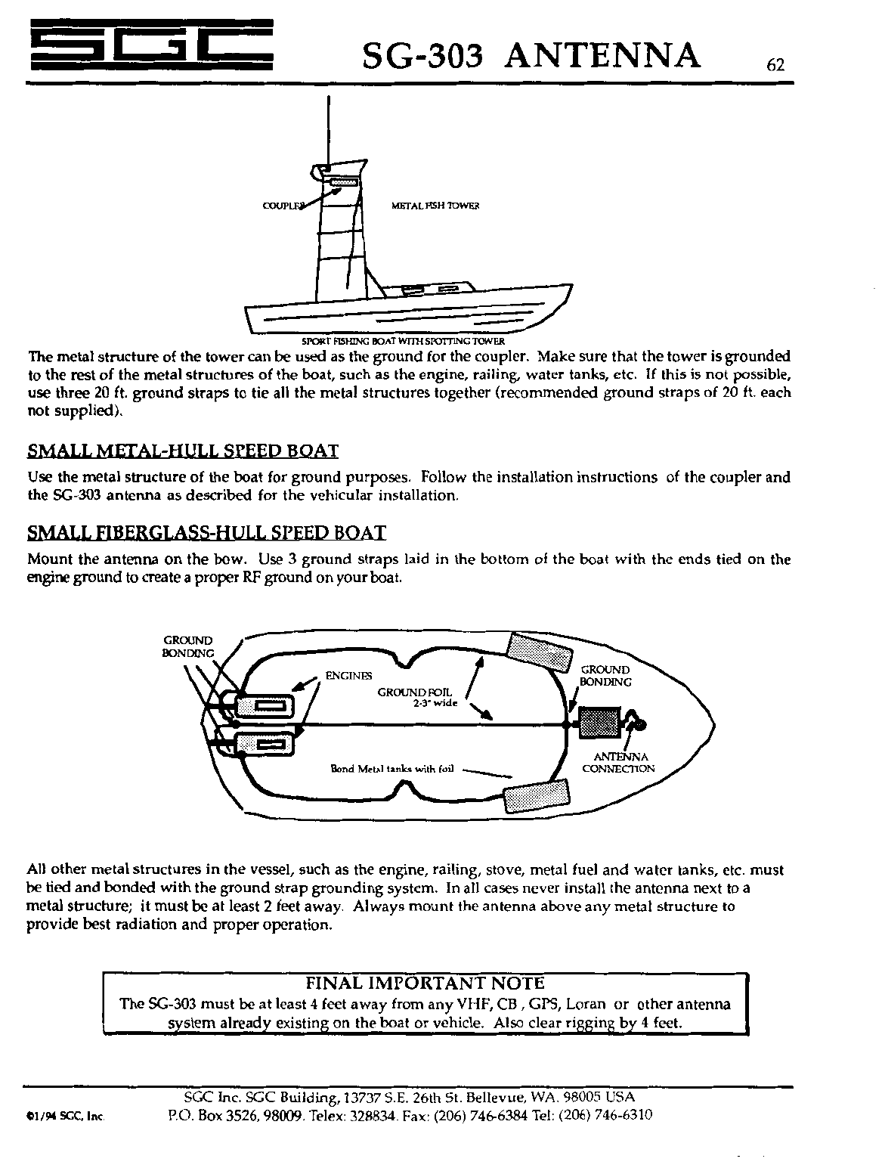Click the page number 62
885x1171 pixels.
tap(776, 65)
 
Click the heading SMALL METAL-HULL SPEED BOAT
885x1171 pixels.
tap(182, 451)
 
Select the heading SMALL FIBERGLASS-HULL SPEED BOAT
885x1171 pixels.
tap(206, 532)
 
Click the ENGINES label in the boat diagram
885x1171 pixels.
tap(348, 675)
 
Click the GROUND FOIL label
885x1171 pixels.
tap(414, 692)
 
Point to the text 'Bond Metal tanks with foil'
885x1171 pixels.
tap(391, 769)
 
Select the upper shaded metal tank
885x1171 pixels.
tap(538, 652)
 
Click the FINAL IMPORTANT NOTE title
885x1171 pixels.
tap(424, 983)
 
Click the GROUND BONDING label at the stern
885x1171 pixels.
tap(188, 647)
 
